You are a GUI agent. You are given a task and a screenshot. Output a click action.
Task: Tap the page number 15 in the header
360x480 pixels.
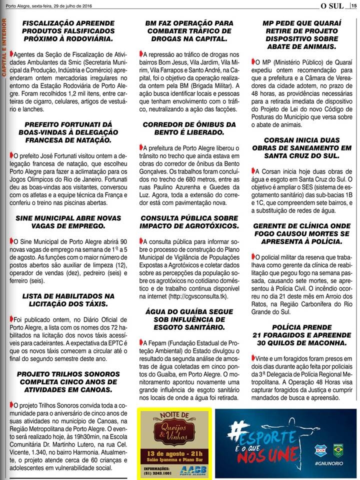(353, 6)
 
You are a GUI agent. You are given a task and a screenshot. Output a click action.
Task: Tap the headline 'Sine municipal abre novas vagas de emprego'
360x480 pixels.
(68, 222)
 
